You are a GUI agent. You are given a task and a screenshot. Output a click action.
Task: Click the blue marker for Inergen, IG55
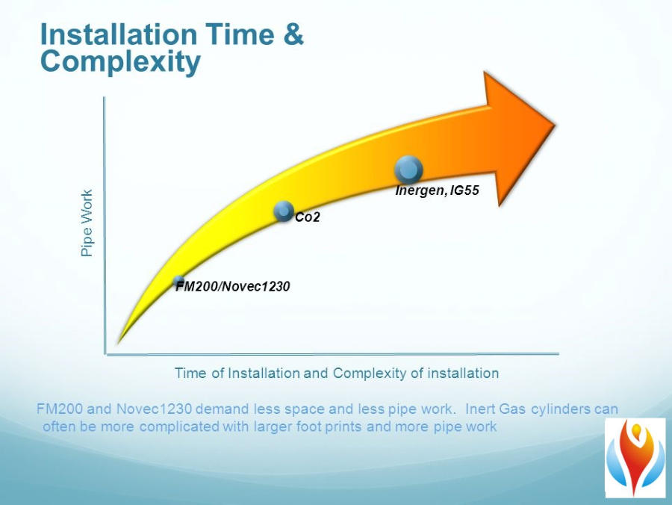coord(408,170)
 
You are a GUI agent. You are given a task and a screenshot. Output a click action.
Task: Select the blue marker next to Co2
coord(284,211)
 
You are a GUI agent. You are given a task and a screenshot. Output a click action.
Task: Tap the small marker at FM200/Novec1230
coord(179,281)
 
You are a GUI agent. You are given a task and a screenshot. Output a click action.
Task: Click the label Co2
coord(308,217)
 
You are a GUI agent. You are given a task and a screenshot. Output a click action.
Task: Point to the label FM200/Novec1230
coord(233,286)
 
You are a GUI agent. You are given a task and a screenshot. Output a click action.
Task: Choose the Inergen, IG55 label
coord(437,190)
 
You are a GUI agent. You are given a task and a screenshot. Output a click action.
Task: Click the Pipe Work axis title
coord(87,223)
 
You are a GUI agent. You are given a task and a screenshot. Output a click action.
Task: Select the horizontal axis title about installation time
coord(337,373)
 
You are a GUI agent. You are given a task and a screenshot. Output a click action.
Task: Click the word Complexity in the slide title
coord(120,62)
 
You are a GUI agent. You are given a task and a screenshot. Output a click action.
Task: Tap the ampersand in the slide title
coord(293,34)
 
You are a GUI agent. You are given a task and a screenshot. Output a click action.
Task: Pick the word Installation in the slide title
coord(118,34)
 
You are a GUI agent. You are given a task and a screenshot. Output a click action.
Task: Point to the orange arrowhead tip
coord(556,126)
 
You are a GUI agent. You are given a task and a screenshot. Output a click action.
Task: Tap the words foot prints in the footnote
coord(335,427)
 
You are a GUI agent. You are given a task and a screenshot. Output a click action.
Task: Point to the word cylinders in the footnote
coord(560,409)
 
